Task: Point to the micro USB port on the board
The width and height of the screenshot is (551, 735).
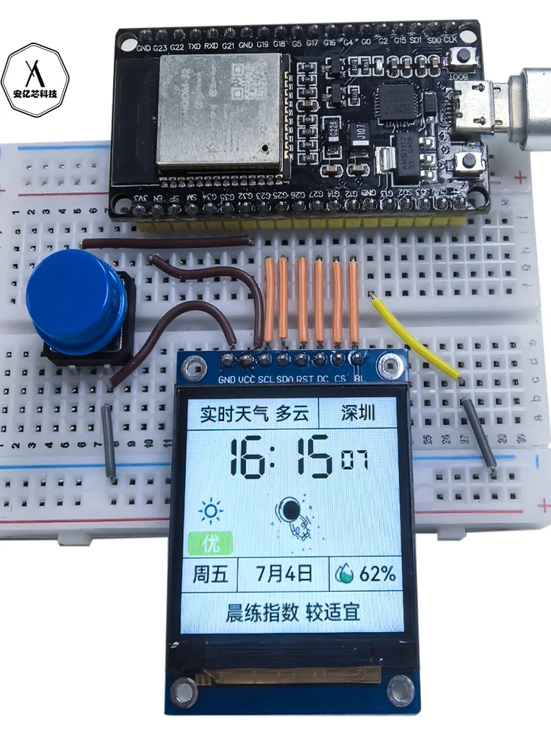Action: [478, 103]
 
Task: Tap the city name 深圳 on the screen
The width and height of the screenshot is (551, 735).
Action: [358, 412]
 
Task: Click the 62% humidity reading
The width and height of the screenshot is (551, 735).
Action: [367, 573]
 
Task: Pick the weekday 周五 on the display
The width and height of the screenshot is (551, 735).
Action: [209, 573]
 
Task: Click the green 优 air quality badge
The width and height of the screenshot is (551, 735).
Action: [210, 544]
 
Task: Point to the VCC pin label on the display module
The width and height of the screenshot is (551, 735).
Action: [247, 379]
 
